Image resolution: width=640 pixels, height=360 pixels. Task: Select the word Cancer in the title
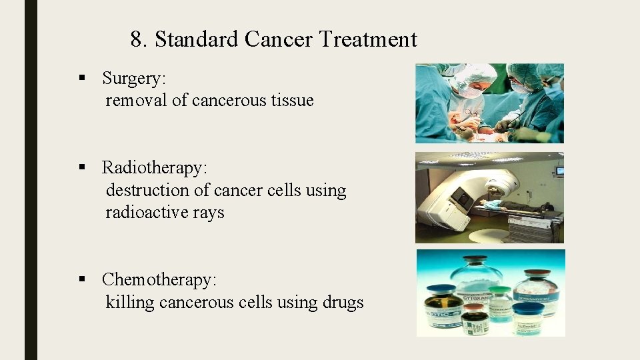pyautogui.click(x=279, y=40)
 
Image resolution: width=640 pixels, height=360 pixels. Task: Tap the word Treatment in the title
pyautogui.click(x=367, y=40)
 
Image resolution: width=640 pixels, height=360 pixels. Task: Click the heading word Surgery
pyautogui.click(x=133, y=79)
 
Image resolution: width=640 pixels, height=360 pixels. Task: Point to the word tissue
pyautogui.click(x=292, y=101)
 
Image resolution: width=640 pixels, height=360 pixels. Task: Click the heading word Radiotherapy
pyautogui.click(x=155, y=168)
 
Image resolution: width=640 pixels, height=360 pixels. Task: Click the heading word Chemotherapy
pyautogui.click(x=159, y=280)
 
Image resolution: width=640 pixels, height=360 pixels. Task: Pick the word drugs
pyautogui.click(x=343, y=303)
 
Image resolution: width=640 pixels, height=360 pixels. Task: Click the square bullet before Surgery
pyautogui.click(x=83, y=78)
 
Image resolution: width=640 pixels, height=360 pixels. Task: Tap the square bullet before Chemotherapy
pyautogui.click(x=83, y=279)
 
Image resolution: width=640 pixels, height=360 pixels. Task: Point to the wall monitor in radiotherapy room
pyautogui.click(x=559, y=171)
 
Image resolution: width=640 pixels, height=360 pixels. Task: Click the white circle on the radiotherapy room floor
pyautogui.click(x=494, y=235)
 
